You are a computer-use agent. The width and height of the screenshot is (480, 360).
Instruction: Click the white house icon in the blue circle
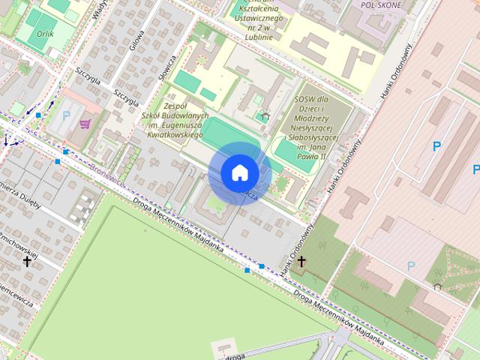pos(240,172)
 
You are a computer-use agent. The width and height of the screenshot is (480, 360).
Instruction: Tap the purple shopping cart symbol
pos(85,124)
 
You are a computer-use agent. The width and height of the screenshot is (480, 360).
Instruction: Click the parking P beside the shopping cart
pos(67,116)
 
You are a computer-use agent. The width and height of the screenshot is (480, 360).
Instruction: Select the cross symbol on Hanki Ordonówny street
pos(301,261)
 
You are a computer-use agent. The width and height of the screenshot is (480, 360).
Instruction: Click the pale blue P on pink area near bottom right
pos(410,266)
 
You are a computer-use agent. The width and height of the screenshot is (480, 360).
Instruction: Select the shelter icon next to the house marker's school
pos(265,116)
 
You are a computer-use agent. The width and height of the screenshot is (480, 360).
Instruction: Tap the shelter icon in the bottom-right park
pos(436,285)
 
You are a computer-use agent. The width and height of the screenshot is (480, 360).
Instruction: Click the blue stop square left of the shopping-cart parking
pos(38,115)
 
